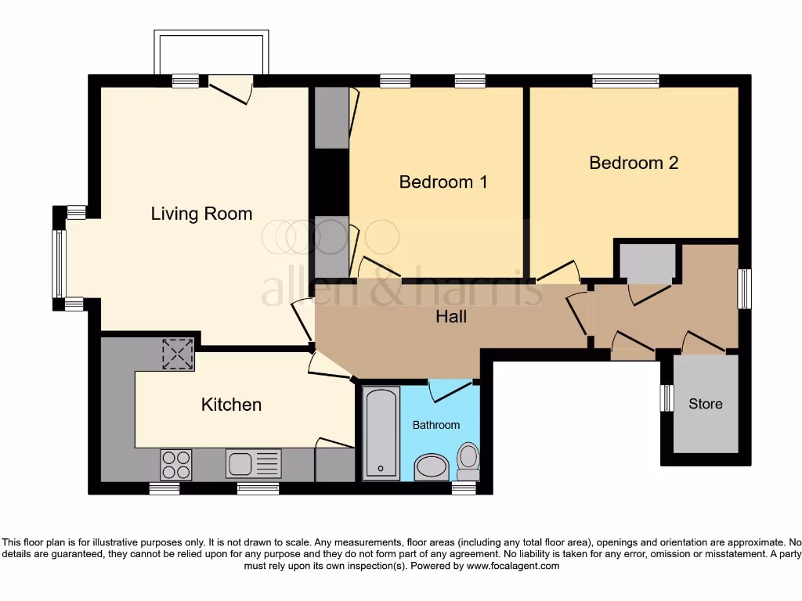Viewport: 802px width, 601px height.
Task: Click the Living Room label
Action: [x=201, y=214]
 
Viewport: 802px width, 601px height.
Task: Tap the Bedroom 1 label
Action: [x=443, y=182]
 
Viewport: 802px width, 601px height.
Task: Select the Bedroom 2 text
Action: [x=634, y=163]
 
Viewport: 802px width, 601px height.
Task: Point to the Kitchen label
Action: [x=231, y=405]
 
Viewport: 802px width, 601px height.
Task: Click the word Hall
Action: [x=451, y=316]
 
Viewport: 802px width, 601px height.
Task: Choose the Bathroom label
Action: [x=436, y=425]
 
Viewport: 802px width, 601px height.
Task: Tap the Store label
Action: [x=705, y=404]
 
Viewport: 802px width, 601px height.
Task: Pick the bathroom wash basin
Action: [x=431, y=467]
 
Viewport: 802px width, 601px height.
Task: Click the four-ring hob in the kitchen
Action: [x=175, y=463]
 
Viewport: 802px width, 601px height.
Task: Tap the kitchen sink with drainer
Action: [x=253, y=463]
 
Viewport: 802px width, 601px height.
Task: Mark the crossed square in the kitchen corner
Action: [x=177, y=354]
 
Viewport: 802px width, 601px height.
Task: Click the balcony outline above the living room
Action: [x=211, y=52]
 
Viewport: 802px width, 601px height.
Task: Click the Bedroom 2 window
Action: [x=625, y=80]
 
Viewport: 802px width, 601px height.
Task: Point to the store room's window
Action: [x=667, y=398]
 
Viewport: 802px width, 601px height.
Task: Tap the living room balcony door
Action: [x=230, y=88]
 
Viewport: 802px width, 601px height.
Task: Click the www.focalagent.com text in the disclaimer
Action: [x=515, y=566]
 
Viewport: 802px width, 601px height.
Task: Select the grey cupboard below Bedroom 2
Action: [x=647, y=263]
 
